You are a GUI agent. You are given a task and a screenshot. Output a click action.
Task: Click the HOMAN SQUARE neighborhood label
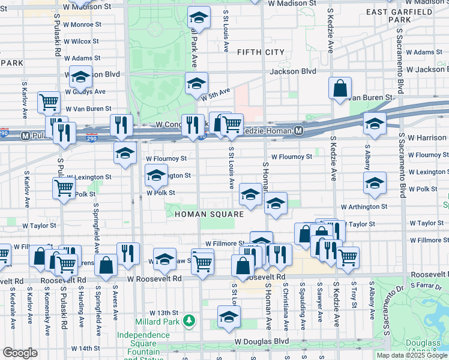[x=209, y=214]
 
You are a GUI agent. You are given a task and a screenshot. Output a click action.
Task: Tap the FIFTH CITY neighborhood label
[x=261, y=53]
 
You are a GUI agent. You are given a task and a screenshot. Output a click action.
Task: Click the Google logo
[x=20, y=353]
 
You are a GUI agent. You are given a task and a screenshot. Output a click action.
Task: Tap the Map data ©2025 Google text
[x=412, y=355]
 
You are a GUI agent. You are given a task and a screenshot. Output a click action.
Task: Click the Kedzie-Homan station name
[x=267, y=130]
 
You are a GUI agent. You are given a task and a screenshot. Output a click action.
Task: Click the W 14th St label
[x=85, y=348]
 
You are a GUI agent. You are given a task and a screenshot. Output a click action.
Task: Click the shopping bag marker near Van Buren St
[x=340, y=88]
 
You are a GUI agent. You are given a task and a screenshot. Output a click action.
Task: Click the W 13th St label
[x=164, y=313]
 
